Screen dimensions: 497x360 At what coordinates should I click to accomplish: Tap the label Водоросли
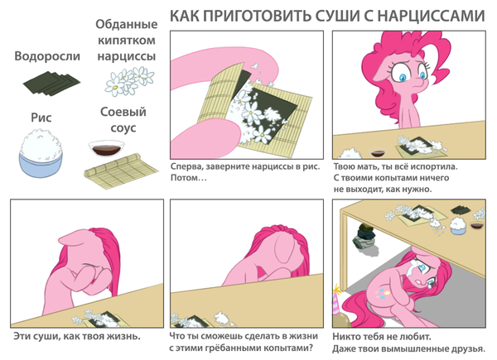click(x=47, y=56)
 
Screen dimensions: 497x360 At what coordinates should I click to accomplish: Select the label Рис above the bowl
click(x=41, y=118)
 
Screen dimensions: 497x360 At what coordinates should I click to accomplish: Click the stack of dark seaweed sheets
click(x=51, y=84)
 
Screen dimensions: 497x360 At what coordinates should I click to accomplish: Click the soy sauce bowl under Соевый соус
click(x=106, y=148)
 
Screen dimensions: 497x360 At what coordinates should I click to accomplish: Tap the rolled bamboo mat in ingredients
click(x=121, y=171)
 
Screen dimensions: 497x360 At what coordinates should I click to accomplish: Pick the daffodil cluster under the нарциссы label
click(x=129, y=81)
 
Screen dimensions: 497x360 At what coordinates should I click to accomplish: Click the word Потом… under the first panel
click(x=189, y=178)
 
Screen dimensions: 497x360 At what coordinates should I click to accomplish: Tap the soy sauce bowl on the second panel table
click(x=378, y=152)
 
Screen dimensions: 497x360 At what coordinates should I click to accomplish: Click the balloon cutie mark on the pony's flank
click(x=383, y=293)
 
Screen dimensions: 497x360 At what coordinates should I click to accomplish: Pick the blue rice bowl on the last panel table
click(x=457, y=225)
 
